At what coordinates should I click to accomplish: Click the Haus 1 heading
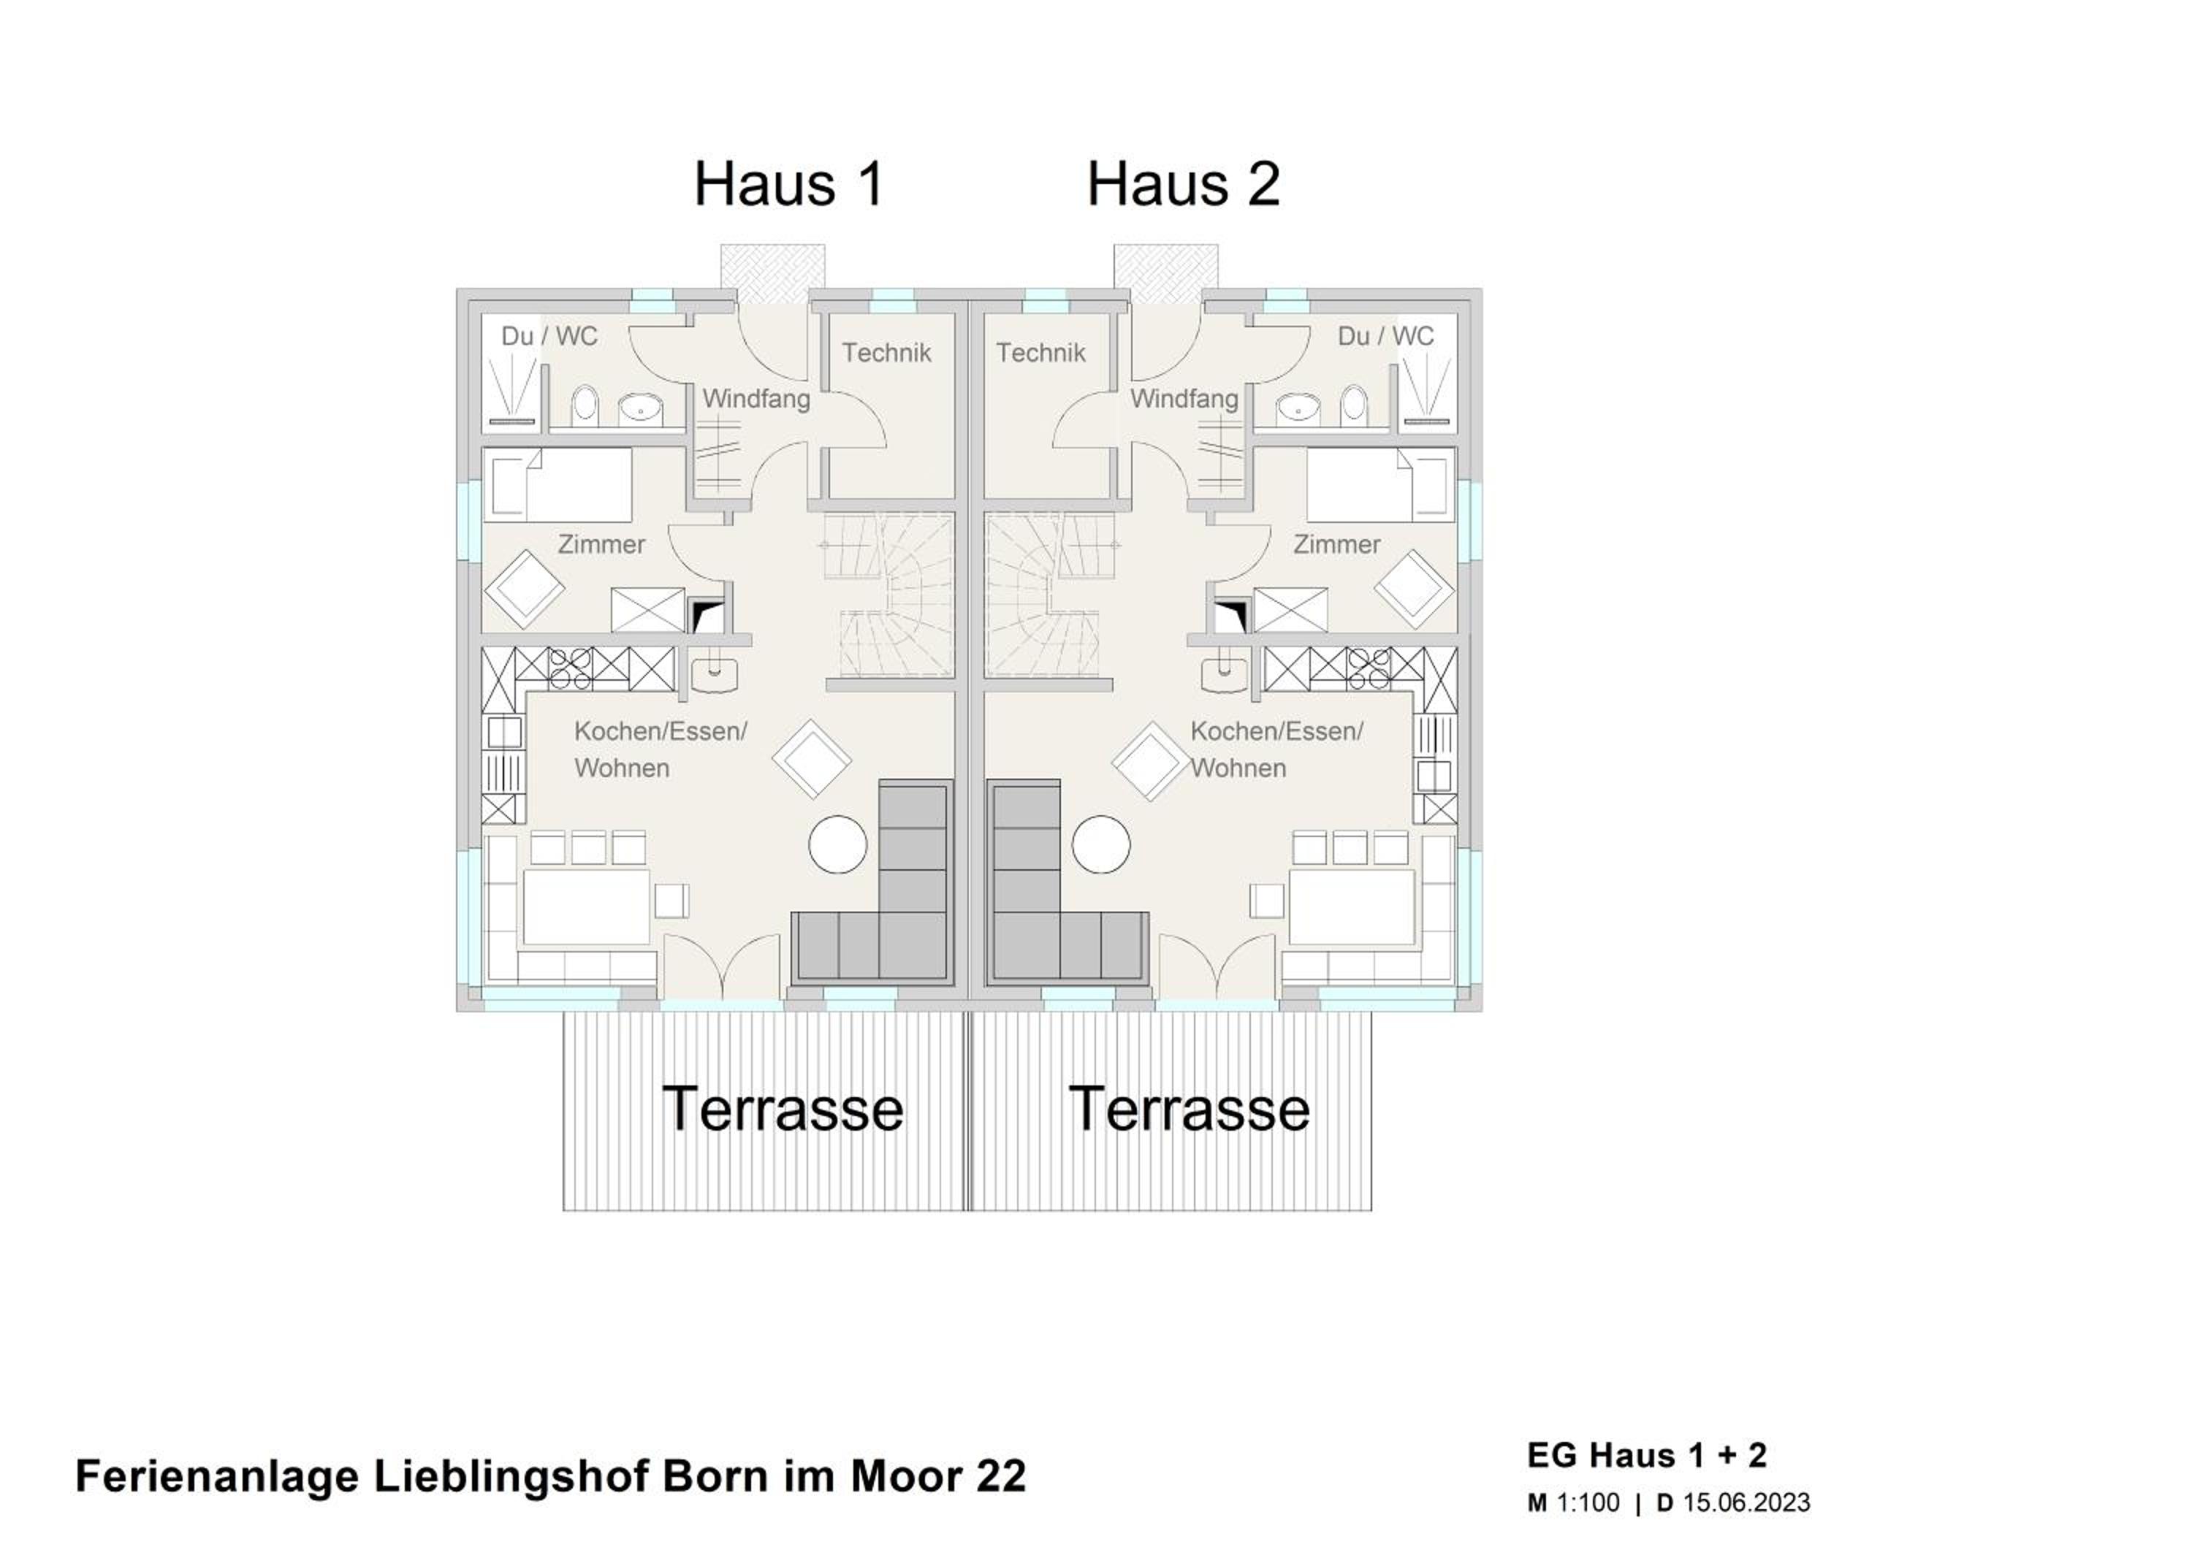(788, 183)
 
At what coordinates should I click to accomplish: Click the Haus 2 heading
(1183, 183)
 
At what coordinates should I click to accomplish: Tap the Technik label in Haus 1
(886, 353)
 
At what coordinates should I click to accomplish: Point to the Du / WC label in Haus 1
(549, 336)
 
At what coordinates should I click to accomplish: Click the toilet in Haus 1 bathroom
(585, 405)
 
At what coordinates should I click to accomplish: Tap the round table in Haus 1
(837, 844)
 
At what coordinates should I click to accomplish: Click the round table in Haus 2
(1101, 844)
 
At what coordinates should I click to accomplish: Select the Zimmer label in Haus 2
(1336, 545)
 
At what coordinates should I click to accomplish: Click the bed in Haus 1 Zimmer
(560, 486)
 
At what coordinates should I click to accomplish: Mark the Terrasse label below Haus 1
(783, 1109)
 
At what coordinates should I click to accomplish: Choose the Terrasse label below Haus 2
(1190, 1109)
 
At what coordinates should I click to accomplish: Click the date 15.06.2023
(1746, 1503)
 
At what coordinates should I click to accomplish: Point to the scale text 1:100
(1588, 1503)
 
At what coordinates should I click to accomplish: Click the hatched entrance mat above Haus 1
(772, 274)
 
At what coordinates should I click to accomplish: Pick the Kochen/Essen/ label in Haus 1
(661, 732)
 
